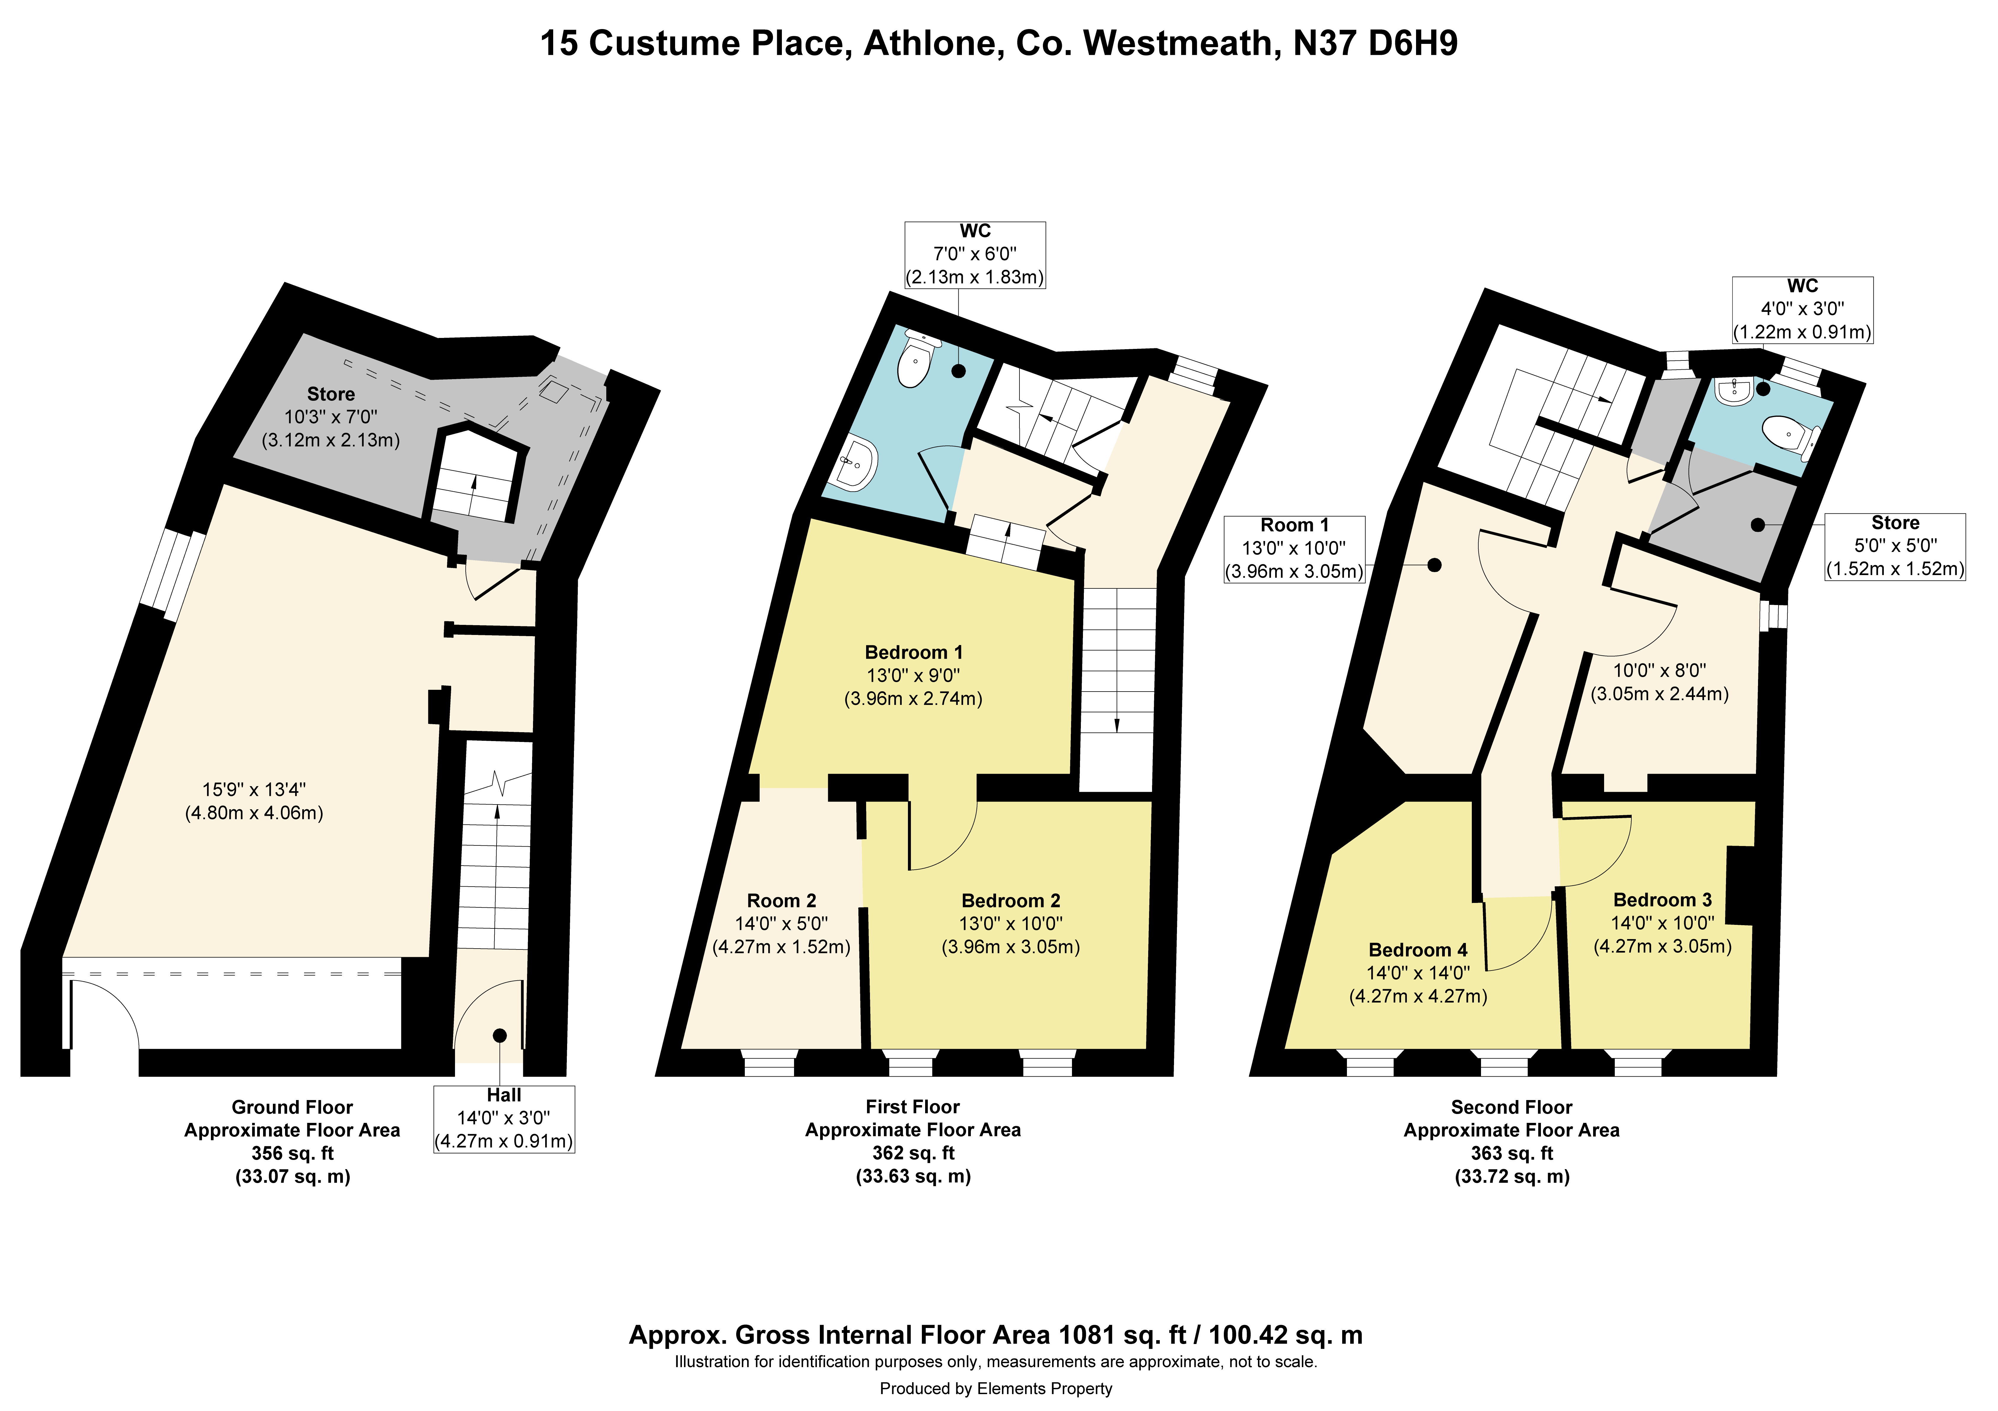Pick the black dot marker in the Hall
(x=499, y=1035)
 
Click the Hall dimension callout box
(x=504, y=1119)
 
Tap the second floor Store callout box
(x=1894, y=546)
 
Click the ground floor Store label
(x=331, y=394)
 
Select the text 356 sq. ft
(x=292, y=1153)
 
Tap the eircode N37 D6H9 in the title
(x=1375, y=44)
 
